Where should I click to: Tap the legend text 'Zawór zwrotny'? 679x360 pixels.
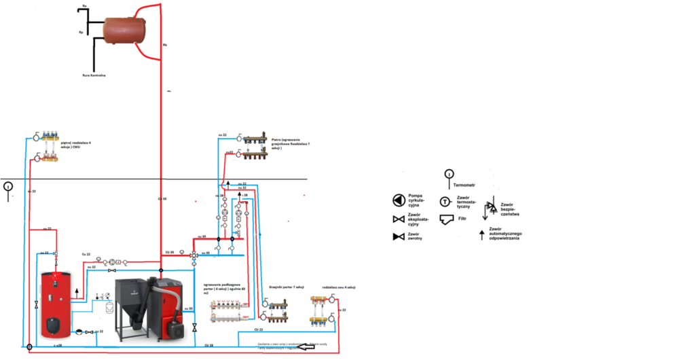(x=418, y=236)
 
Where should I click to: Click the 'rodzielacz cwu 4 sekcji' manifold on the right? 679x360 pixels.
(x=323, y=308)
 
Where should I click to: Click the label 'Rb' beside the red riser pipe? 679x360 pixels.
(x=164, y=45)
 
